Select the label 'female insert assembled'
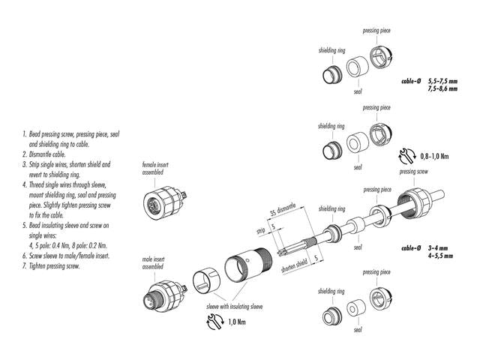[x=155, y=166]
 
